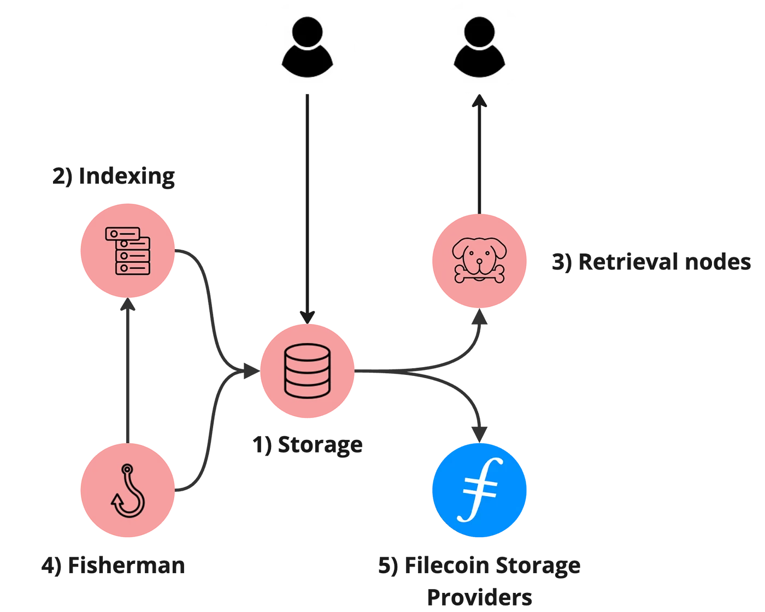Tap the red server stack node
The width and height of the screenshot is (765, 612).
click(127, 251)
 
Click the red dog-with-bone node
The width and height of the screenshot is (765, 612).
click(479, 262)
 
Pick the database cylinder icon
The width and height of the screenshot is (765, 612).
click(307, 370)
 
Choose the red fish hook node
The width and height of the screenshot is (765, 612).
click(127, 490)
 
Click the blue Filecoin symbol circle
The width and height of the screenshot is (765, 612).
click(479, 490)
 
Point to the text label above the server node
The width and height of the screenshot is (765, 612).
click(113, 178)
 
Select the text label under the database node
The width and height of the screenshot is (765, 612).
click(309, 446)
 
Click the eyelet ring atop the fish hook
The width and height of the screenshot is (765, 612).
click(127, 468)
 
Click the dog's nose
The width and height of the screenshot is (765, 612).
click(479, 262)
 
